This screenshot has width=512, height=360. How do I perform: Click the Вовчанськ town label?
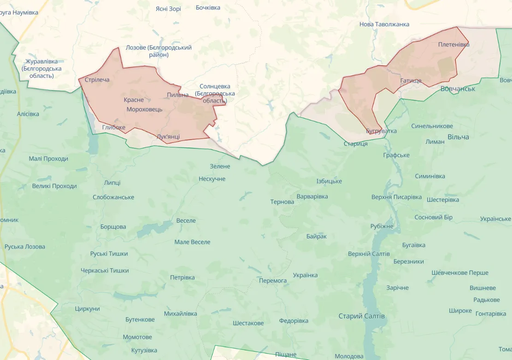[x=458, y=89]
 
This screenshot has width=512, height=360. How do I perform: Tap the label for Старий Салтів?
[x=361, y=316]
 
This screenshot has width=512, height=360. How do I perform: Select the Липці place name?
[x=112, y=183]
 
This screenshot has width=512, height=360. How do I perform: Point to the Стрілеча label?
[x=97, y=80]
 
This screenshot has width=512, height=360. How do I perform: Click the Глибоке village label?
[x=113, y=127]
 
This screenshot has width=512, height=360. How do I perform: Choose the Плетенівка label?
[x=454, y=44]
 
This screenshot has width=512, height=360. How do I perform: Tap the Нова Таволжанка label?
[x=384, y=24]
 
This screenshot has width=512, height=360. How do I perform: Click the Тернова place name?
[x=282, y=202]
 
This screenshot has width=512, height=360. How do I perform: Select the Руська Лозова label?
[x=25, y=247]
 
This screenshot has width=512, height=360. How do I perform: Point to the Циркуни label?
[x=87, y=309]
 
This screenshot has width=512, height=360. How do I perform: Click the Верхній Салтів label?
[x=369, y=254]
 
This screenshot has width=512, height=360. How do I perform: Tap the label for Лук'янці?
[x=168, y=137]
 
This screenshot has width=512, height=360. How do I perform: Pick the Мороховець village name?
[x=144, y=109]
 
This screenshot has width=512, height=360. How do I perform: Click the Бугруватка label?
[x=381, y=131]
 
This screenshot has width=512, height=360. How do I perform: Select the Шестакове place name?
[x=248, y=323]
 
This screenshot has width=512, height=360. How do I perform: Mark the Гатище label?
[x=411, y=81]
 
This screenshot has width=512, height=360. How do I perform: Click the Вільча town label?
[x=458, y=137]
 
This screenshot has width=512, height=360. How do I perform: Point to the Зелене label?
[x=220, y=166]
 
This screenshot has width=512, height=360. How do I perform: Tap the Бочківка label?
[x=208, y=7]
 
